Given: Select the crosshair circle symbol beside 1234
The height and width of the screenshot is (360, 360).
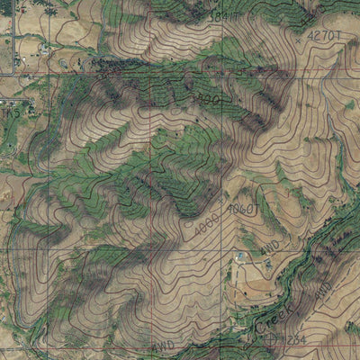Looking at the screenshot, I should point(272,338).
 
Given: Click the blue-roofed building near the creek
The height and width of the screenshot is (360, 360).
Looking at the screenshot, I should point(239,257).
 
